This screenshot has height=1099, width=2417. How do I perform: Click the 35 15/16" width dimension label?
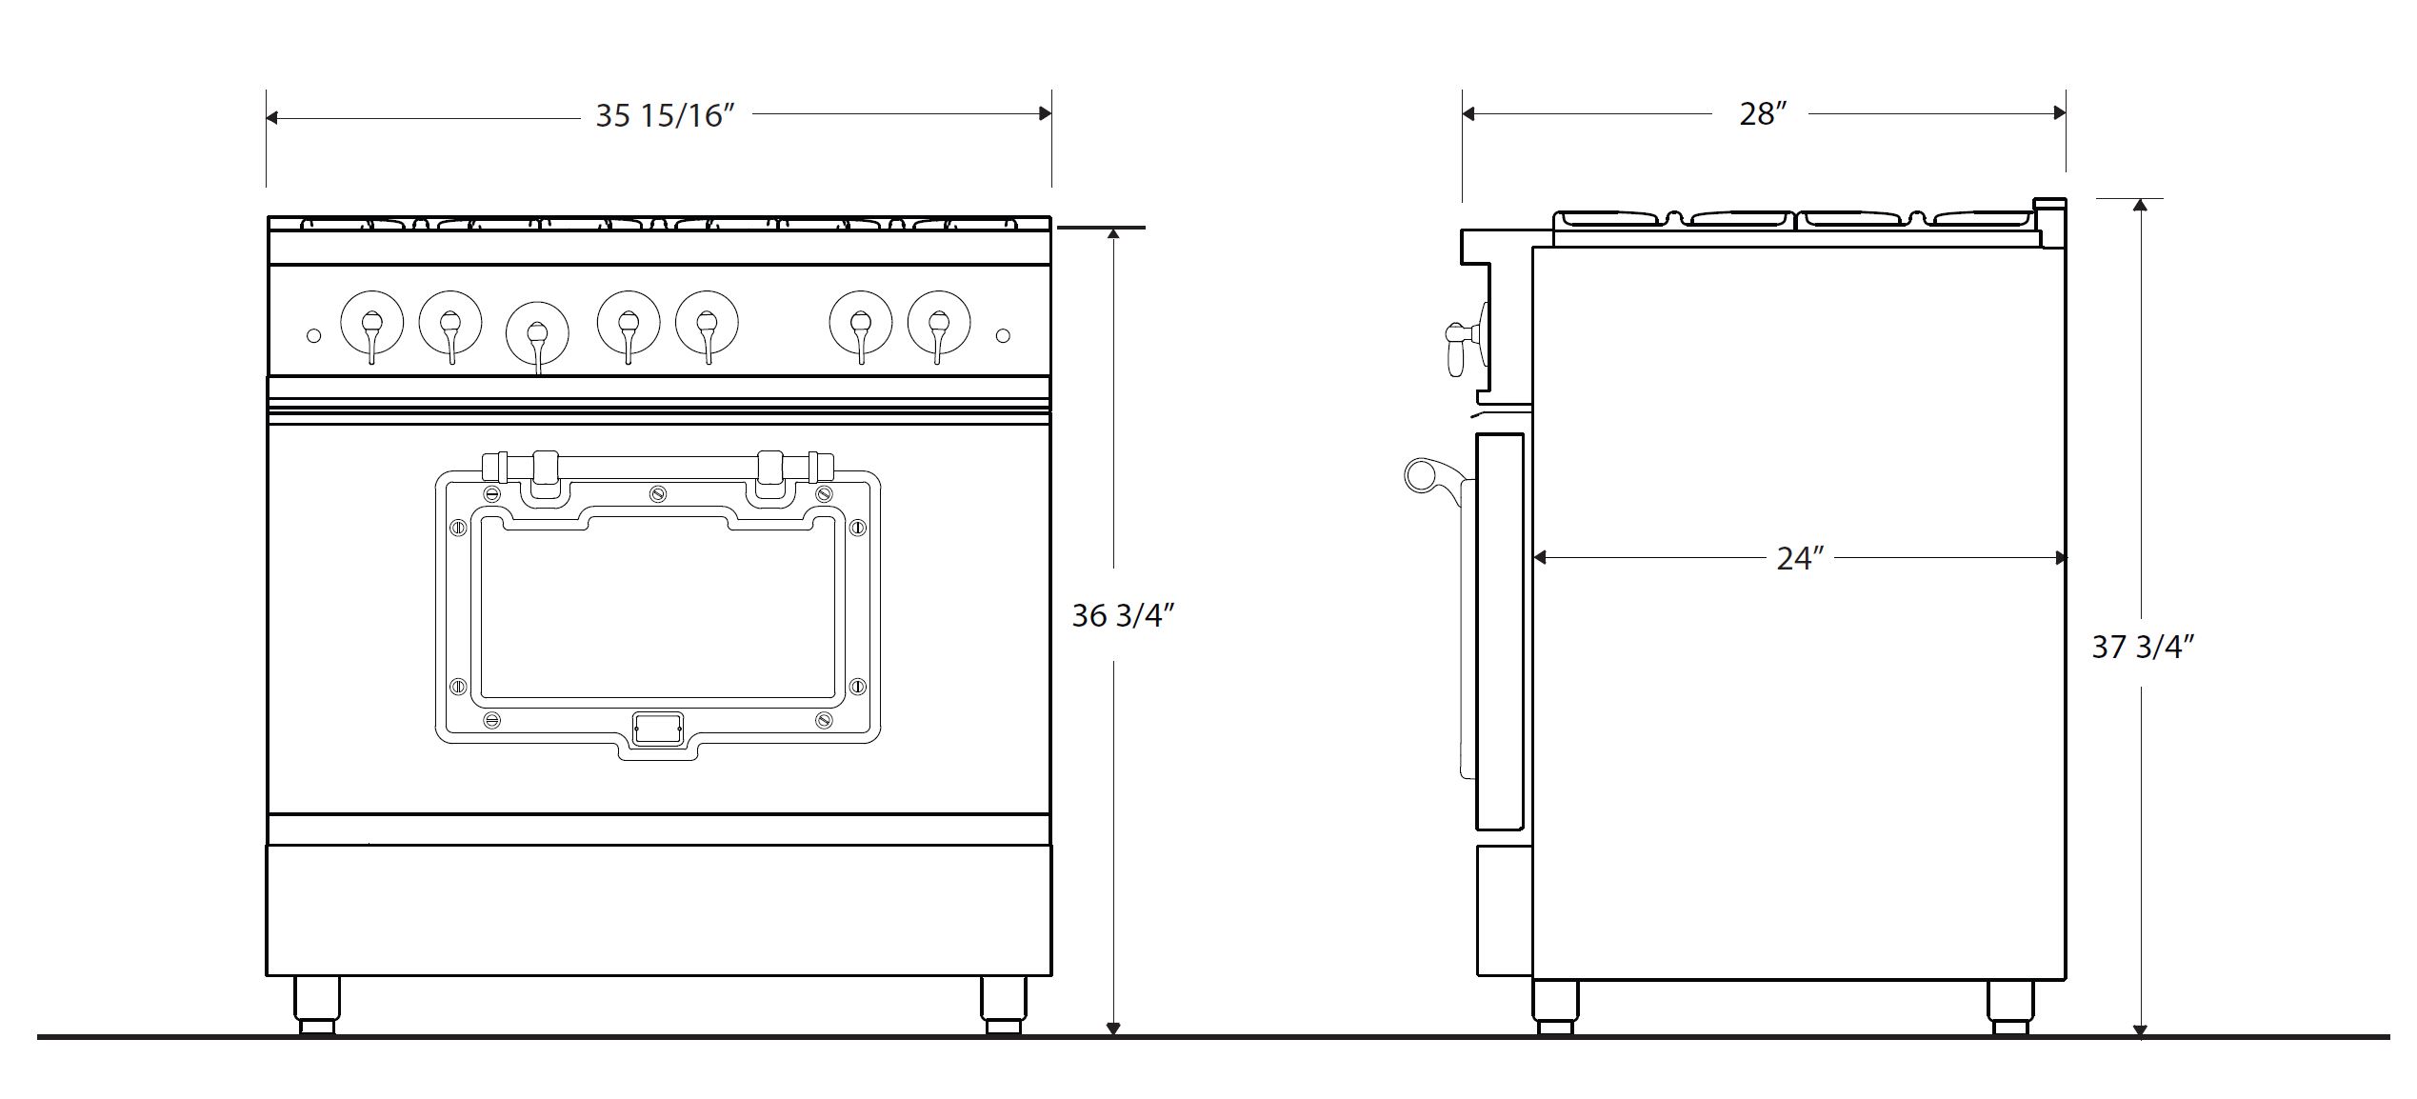coord(666,115)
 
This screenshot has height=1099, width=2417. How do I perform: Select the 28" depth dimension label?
coord(1762,114)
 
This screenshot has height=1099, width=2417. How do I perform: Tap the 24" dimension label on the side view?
coord(1800,558)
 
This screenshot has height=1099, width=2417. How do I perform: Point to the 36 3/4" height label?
coord(1123,616)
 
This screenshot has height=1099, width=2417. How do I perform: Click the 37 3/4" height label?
coord(2143,647)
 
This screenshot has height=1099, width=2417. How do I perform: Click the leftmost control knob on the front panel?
coord(371,324)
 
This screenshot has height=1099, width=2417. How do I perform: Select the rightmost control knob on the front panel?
coord(939,324)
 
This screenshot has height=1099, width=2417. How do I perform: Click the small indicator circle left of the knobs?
coord(313,335)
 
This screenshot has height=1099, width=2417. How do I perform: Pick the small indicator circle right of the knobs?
coord(1002,335)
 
